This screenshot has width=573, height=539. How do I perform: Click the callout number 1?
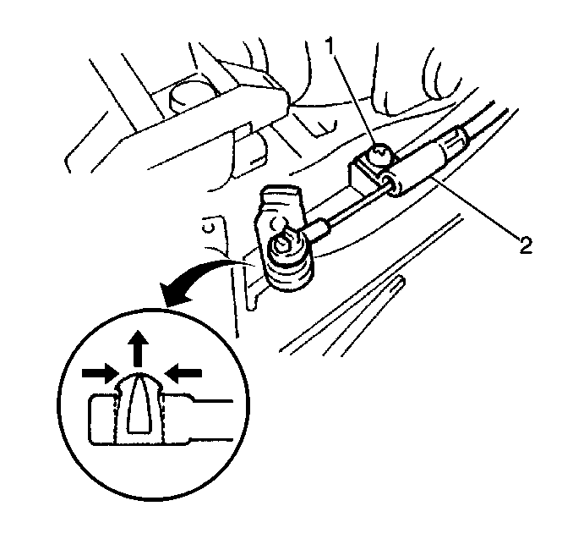330,46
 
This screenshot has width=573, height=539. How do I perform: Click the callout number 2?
525,245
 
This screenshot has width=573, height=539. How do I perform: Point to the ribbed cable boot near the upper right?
455,143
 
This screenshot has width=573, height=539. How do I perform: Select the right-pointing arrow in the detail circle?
100,374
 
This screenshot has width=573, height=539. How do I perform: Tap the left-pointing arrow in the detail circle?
183,374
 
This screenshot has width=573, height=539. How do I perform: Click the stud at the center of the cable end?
283,244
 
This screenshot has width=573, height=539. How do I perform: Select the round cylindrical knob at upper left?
187,96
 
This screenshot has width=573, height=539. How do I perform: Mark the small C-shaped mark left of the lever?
208,228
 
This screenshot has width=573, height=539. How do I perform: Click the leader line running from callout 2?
475,207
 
